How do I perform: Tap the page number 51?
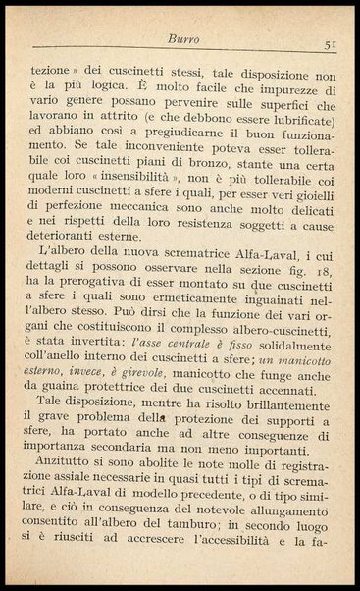(x=331, y=45)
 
